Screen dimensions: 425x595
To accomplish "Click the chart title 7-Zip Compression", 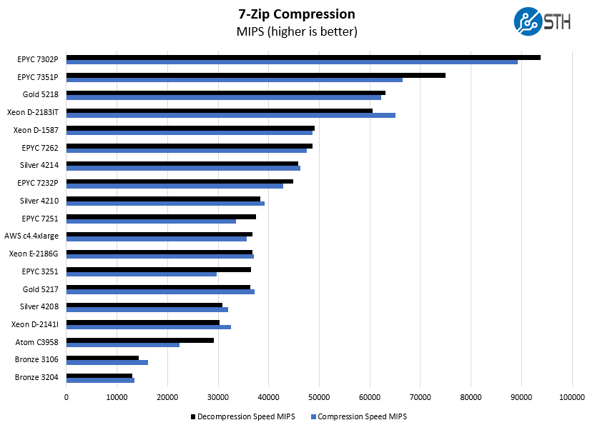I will [297, 14].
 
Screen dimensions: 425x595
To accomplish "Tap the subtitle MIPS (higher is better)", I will [297, 32].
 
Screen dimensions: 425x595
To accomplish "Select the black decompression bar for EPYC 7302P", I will [303, 57].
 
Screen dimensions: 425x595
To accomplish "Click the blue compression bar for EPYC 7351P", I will [235, 80].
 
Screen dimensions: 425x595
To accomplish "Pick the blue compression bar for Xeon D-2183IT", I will [231, 115].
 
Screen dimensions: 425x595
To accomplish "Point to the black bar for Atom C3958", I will [140, 340].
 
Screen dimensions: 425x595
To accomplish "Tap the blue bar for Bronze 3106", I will [107, 362].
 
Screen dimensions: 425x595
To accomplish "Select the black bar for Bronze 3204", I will [99, 375].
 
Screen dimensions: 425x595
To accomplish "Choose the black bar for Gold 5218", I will [226, 92].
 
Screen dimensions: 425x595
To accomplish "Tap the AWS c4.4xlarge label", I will [31, 236].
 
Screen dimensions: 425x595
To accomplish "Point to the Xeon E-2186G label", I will [34, 254].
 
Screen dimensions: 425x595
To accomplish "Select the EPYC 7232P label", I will [38, 183].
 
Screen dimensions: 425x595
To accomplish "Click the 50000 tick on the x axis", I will [319, 396].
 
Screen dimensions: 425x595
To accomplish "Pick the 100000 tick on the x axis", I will [571, 396].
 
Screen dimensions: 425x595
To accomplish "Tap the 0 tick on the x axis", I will [67, 396].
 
